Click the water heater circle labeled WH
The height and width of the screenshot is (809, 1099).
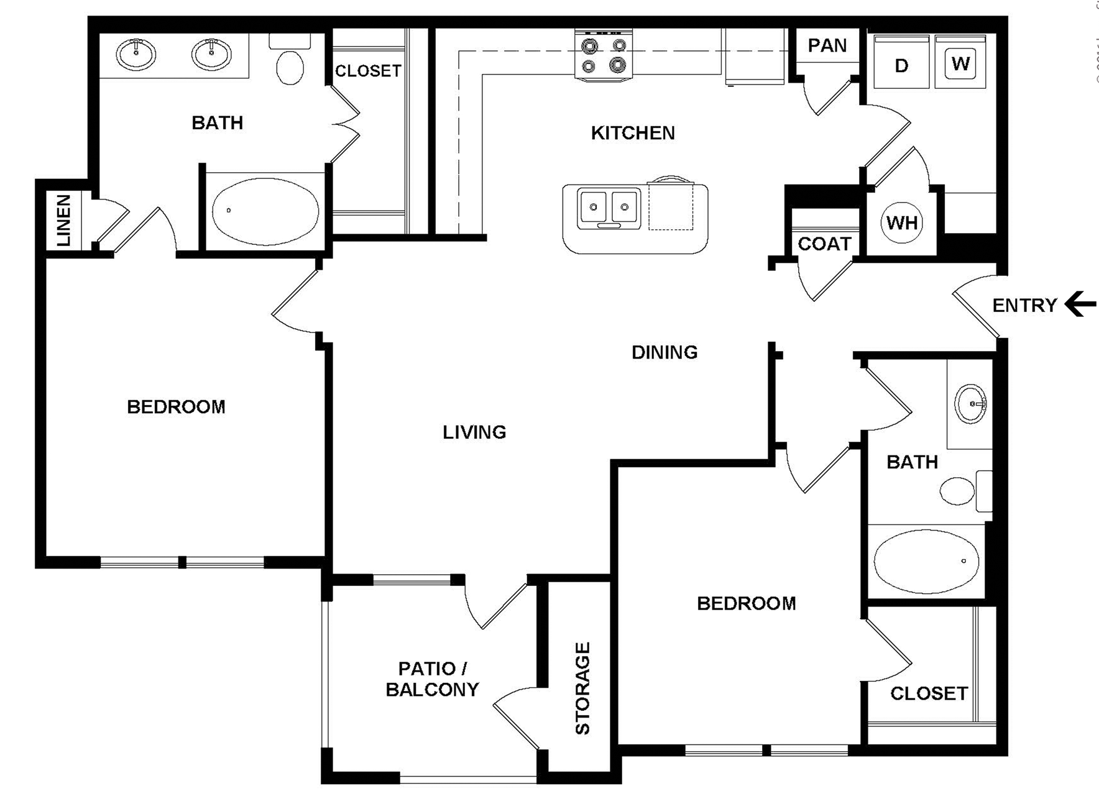click(901, 222)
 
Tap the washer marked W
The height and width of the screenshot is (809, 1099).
click(960, 63)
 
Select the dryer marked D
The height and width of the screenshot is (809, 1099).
click(901, 65)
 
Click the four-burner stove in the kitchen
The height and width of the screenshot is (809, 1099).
click(604, 56)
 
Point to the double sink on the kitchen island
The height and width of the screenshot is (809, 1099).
click(609, 208)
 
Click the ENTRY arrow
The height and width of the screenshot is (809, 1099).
click(1080, 304)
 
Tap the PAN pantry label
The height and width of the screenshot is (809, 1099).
click(827, 45)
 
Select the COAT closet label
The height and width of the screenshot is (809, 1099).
click(824, 244)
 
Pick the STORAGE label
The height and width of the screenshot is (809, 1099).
click(582, 688)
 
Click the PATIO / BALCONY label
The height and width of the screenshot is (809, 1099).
click(432, 679)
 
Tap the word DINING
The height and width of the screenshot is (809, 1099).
click(664, 352)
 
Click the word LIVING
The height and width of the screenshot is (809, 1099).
click(474, 432)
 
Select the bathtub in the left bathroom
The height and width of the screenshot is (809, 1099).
click(265, 211)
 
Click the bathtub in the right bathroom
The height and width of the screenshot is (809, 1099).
click(926, 561)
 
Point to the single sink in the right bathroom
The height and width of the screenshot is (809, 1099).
click(970, 403)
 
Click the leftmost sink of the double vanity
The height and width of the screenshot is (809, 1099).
click(136, 53)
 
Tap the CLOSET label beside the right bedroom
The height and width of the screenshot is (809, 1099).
click(929, 693)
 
